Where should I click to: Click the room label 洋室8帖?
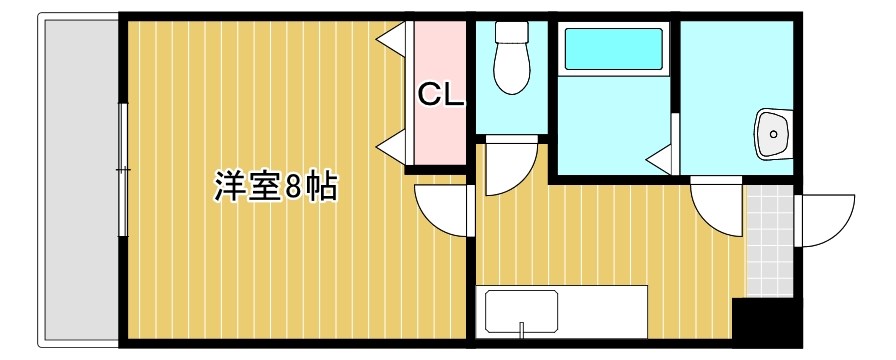pyautogui.click(x=273, y=186)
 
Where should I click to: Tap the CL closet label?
pyautogui.click(x=440, y=96)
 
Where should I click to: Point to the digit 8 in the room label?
pyautogui.click(x=293, y=187)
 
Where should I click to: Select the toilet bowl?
pyautogui.click(x=511, y=70)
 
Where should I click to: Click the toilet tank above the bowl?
pyautogui.click(x=511, y=34)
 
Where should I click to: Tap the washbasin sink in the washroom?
pyautogui.click(x=773, y=132)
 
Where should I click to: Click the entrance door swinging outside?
pyautogui.click(x=825, y=218)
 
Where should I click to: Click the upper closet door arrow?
pyautogui.click(x=392, y=40)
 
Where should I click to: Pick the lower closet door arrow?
pyautogui.click(x=392, y=150)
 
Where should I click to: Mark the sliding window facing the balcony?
pyautogui.click(x=123, y=170)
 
